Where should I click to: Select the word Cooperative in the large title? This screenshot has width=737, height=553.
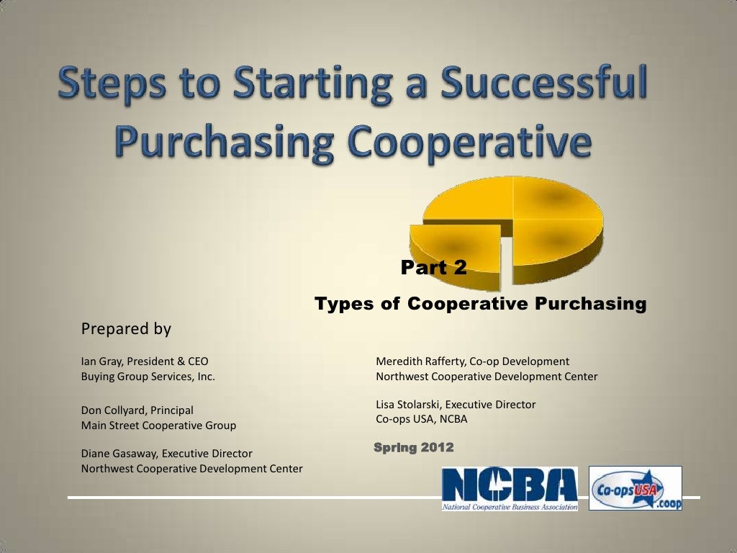(471, 145)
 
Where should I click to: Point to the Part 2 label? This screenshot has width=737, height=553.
(433, 269)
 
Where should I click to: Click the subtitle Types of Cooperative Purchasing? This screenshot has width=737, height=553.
(481, 304)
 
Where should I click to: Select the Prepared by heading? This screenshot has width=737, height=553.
(126, 329)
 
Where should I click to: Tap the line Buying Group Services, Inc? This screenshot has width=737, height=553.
(148, 376)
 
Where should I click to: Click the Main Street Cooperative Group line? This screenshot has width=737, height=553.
(158, 426)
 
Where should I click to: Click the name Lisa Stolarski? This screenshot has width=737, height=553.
(409, 405)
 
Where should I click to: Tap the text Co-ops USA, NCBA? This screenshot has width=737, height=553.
(422, 419)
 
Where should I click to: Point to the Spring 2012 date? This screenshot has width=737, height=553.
(414, 448)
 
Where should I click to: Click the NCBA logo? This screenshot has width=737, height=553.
(510, 488)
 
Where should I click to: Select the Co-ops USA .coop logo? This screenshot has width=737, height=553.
(636, 488)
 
